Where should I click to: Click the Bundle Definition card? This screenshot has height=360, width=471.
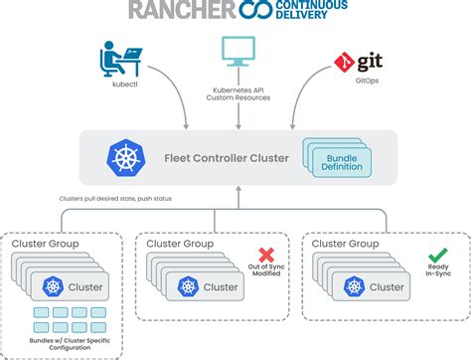point(342,159)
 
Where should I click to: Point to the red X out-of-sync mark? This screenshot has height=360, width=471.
point(266,256)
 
